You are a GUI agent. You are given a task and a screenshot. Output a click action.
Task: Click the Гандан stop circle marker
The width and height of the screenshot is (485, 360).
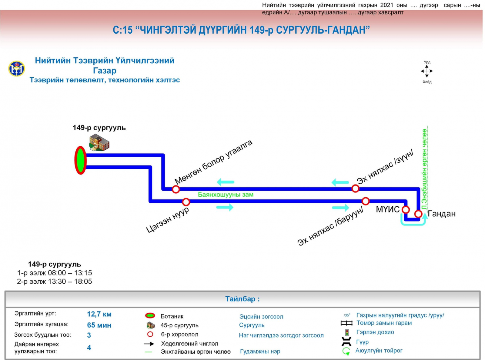[418, 214]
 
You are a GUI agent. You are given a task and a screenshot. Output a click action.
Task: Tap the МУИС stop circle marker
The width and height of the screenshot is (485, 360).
[406, 209]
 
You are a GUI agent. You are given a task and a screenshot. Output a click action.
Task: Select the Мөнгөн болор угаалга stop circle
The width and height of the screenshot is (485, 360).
[176, 189]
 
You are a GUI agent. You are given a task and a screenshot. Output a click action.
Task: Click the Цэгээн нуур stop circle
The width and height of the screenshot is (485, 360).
[186, 202]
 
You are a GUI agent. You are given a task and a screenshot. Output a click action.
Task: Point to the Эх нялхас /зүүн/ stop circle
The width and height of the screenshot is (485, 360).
[355, 188]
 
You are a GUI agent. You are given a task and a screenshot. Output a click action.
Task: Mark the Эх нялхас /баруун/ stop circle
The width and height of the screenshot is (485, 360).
[366, 201]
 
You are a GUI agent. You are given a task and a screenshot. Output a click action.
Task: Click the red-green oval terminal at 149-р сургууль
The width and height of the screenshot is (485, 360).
[81, 160]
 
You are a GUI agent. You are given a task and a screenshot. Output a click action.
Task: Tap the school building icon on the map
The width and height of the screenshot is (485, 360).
[99, 143]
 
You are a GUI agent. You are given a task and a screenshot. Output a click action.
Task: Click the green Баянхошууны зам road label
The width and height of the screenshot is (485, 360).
[226, 195]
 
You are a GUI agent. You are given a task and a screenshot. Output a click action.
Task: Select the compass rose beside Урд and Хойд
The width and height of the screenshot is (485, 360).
[427, 71]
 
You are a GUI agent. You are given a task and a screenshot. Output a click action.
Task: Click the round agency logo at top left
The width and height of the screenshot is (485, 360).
[16, 68]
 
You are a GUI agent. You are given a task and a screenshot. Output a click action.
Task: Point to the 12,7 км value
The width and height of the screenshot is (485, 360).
[99, 314]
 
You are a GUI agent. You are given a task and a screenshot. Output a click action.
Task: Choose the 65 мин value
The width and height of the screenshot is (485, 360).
[99, 325]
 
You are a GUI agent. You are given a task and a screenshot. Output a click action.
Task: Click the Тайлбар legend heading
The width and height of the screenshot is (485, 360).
[242, 299]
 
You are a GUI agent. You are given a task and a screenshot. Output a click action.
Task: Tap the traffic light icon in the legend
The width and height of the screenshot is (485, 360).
[347, 332]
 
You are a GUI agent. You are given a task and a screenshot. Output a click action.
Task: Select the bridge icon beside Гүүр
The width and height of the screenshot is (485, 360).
[346, 342]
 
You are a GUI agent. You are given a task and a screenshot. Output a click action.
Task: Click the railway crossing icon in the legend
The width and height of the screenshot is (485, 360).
[346, 323]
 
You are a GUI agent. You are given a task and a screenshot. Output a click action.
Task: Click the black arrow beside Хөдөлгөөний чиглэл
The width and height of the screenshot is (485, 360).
[149, 344]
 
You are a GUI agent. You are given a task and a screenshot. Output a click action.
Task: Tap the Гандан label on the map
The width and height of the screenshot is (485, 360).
[441, 214]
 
